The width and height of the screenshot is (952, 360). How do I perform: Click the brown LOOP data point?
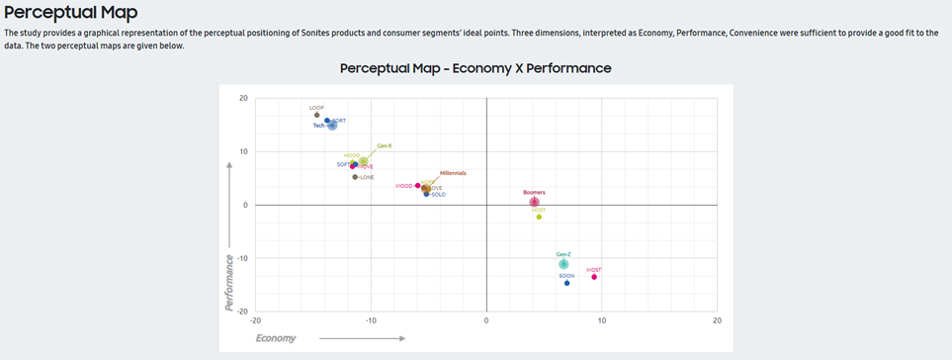tap(316, 115)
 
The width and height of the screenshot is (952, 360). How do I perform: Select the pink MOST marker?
tap(594, 277)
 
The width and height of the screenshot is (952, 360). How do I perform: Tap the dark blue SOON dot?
tap(566, 283)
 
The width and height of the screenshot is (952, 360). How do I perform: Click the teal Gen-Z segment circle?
tap(563, 264)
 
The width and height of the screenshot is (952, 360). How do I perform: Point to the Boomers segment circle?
tap(534, 202)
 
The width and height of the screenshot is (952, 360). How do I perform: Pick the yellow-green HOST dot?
tap(539, 217)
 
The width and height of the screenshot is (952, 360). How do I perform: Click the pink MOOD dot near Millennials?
tap(418, 186)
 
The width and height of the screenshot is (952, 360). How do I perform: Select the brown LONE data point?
tap(355, 177)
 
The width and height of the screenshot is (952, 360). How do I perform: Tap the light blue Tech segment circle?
tap(332, 126)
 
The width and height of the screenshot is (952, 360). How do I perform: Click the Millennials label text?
tap(453, 173)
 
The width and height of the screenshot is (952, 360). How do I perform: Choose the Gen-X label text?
tap(385, 145)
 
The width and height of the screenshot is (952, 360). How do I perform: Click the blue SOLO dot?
tap(426, 194)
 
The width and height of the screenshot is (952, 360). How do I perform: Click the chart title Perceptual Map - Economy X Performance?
tap(476, 68)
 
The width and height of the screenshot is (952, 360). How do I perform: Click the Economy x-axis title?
tap(276, 338)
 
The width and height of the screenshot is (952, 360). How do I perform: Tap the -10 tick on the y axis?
tap(243, 258)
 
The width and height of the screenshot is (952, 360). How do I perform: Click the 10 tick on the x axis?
tap(601, 320)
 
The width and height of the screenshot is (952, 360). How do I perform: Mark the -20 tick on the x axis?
tap(256, 320)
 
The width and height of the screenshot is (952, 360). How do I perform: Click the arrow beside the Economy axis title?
tap(362, 338)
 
